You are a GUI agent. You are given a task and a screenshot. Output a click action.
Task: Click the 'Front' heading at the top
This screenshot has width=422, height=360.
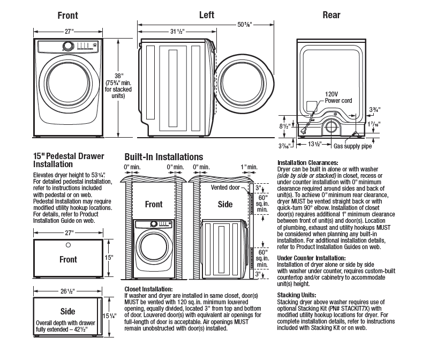pyautogui.click(x=68, y=16)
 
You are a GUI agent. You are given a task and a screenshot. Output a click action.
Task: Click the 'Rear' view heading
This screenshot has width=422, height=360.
pyautogui.click(x=331, y=15)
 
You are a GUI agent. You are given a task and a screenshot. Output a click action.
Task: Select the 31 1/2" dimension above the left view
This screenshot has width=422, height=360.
pyautogui.click(x=177, y=31)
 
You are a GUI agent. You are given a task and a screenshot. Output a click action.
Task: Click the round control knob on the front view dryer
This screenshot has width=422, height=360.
pyautogui.click(x=68, y=47)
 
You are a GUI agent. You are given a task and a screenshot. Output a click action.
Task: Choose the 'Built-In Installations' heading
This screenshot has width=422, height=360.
pyautogui.click(x=163, y=157)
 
